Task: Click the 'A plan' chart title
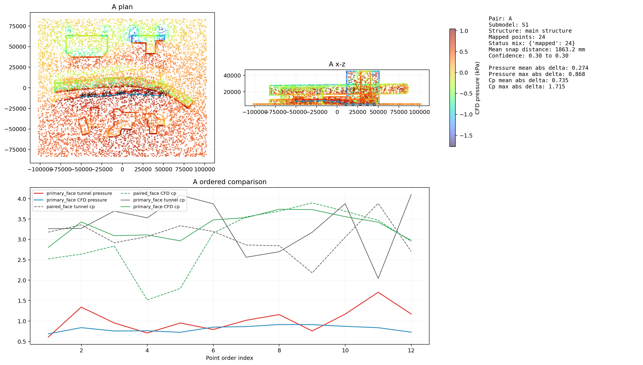pos(122,7)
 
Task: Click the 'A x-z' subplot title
pos(337,64)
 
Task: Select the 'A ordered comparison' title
pos(229,182)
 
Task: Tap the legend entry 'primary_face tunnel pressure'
pos(79,193)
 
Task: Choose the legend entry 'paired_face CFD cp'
pos(154,193)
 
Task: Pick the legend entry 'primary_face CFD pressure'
pos(76,200)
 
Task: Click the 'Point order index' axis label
pos(229,358)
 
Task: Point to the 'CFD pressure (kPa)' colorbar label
pos(477,88)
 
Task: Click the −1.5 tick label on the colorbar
pos(466,136)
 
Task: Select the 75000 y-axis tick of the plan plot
pos(18,26)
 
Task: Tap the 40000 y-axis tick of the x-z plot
pos(232,76)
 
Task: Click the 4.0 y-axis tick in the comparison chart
pos(22,199)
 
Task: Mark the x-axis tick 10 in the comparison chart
pos(345,351)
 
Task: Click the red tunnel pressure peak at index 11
pos(378,292)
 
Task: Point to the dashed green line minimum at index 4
pos(147,300)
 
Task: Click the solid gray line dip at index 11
pos(378,279)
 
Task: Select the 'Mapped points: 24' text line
pos(517,37)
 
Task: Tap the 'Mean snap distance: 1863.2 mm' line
pos(537,50)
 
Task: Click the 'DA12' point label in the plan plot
pos(165,92)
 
